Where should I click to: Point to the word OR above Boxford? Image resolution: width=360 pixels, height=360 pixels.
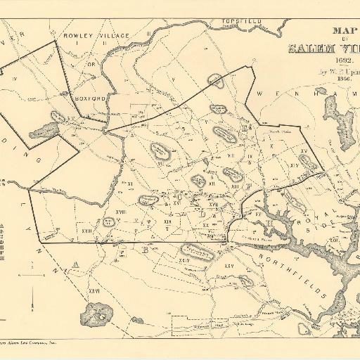pos(90,65)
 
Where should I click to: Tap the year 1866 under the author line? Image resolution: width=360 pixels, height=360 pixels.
pos(346,80)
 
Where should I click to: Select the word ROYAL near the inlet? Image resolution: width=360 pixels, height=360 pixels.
pos(307,223)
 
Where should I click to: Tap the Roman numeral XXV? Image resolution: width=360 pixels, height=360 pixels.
pos(229,266)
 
